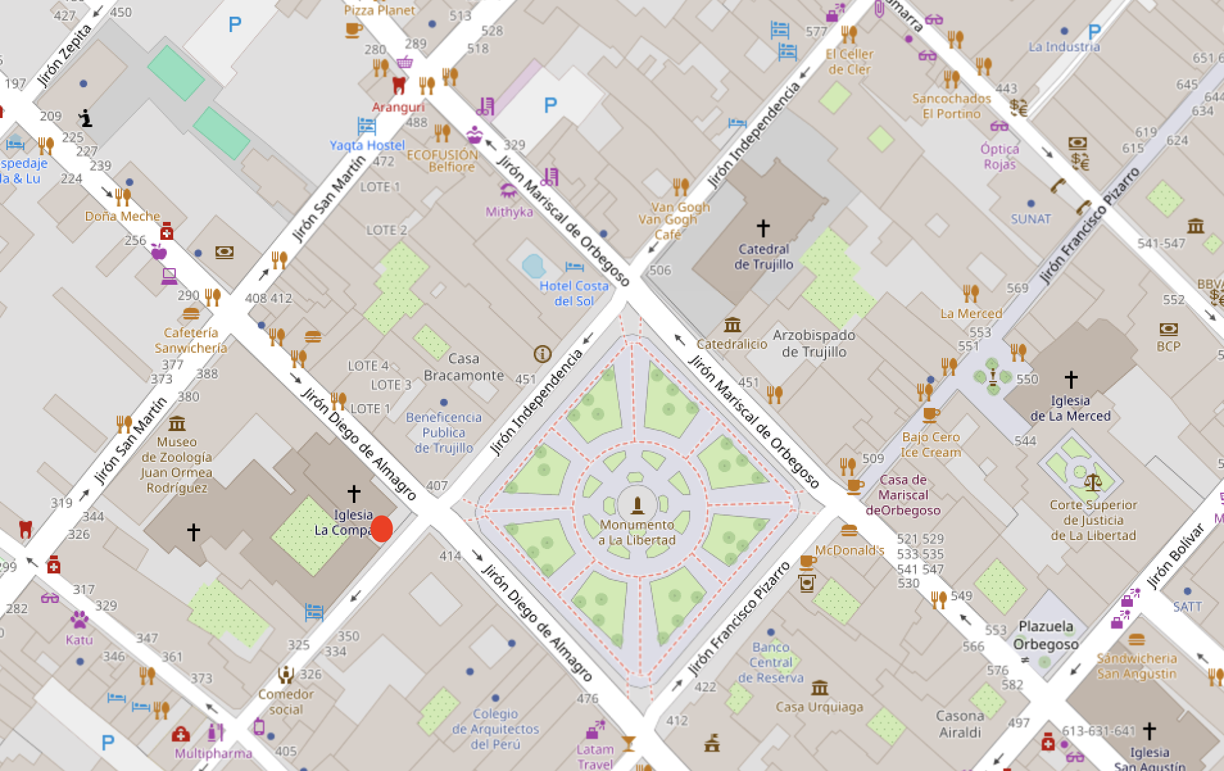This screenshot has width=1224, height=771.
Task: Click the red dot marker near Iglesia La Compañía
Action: (x=382, y=529)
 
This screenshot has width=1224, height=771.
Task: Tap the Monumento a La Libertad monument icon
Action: (x=637, y=505)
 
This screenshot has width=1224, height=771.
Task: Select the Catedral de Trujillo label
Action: (x=763, y=257)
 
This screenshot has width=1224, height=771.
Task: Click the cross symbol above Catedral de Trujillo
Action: (x=763, y=228)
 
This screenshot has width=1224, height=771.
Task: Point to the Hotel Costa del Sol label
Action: (x=574, y=293)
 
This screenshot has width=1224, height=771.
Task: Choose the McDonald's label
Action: (x=849, y=550)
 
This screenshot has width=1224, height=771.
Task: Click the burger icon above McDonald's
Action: (x=849, y=530)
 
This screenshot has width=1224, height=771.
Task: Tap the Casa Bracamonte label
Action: (x=464, y=367)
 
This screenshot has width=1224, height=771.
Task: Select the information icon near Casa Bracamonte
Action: (x=542, y=353)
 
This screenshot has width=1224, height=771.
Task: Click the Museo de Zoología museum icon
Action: (x=177, y=423)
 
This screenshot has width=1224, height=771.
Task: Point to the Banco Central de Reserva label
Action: (x=770, y=662)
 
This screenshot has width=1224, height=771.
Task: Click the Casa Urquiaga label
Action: (x=819, y=707)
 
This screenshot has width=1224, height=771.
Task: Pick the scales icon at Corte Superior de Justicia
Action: (x=1092, y=482)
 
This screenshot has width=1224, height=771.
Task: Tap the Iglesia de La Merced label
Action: (x=1070, y=408)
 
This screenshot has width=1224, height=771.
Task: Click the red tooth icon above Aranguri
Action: (x=399, y=85)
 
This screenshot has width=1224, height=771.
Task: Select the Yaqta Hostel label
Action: (x=367, y=145)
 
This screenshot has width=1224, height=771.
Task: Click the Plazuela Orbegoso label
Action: (x=1046, y=634)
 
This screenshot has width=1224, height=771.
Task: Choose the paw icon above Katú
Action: (x=80, y=620)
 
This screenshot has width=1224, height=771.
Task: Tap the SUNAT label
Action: (x=1030, y=219)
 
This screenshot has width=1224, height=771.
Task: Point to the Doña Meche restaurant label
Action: (x=123, y=216)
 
